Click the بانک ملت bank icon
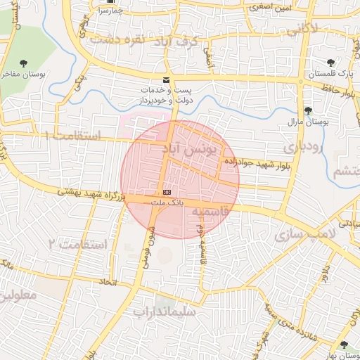pos(167,192)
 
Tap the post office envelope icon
pos(166,80)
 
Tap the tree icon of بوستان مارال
pos(308,110)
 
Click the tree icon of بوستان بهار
pos(343,345)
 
